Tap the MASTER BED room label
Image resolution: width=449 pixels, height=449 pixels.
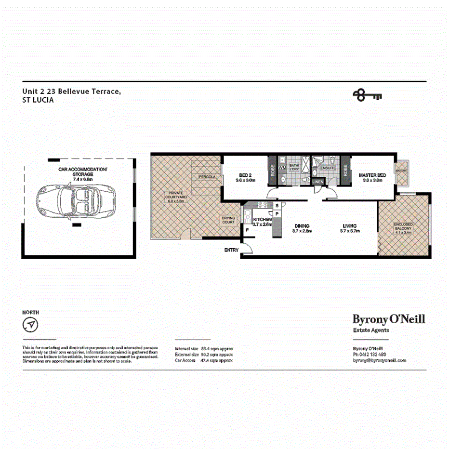[x=371, y=175]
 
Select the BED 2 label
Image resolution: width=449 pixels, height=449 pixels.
[x=245, y=175]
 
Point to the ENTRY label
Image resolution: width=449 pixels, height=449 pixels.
[x=231, y=250]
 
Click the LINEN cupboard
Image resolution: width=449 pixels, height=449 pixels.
[x=318, y=182]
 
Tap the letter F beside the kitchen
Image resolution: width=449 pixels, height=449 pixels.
[x=247, y=230]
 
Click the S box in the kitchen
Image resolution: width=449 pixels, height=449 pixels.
[x=277, y=206]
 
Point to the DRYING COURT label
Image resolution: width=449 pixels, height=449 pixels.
[x=228, y=220]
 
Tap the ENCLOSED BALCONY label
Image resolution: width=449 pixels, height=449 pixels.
[x=403, y=227]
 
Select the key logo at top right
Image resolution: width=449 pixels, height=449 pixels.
[x=367, y=95]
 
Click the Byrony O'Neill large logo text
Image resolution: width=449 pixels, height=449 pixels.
[x=389, y=319]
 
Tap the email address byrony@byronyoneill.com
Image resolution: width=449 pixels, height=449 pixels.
[x=380, y=360]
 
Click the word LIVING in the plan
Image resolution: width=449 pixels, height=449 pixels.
[x=349, y=226]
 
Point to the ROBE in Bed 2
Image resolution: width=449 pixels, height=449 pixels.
[x=272, y=170]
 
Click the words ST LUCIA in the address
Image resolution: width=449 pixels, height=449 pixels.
[x=38, y=100]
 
